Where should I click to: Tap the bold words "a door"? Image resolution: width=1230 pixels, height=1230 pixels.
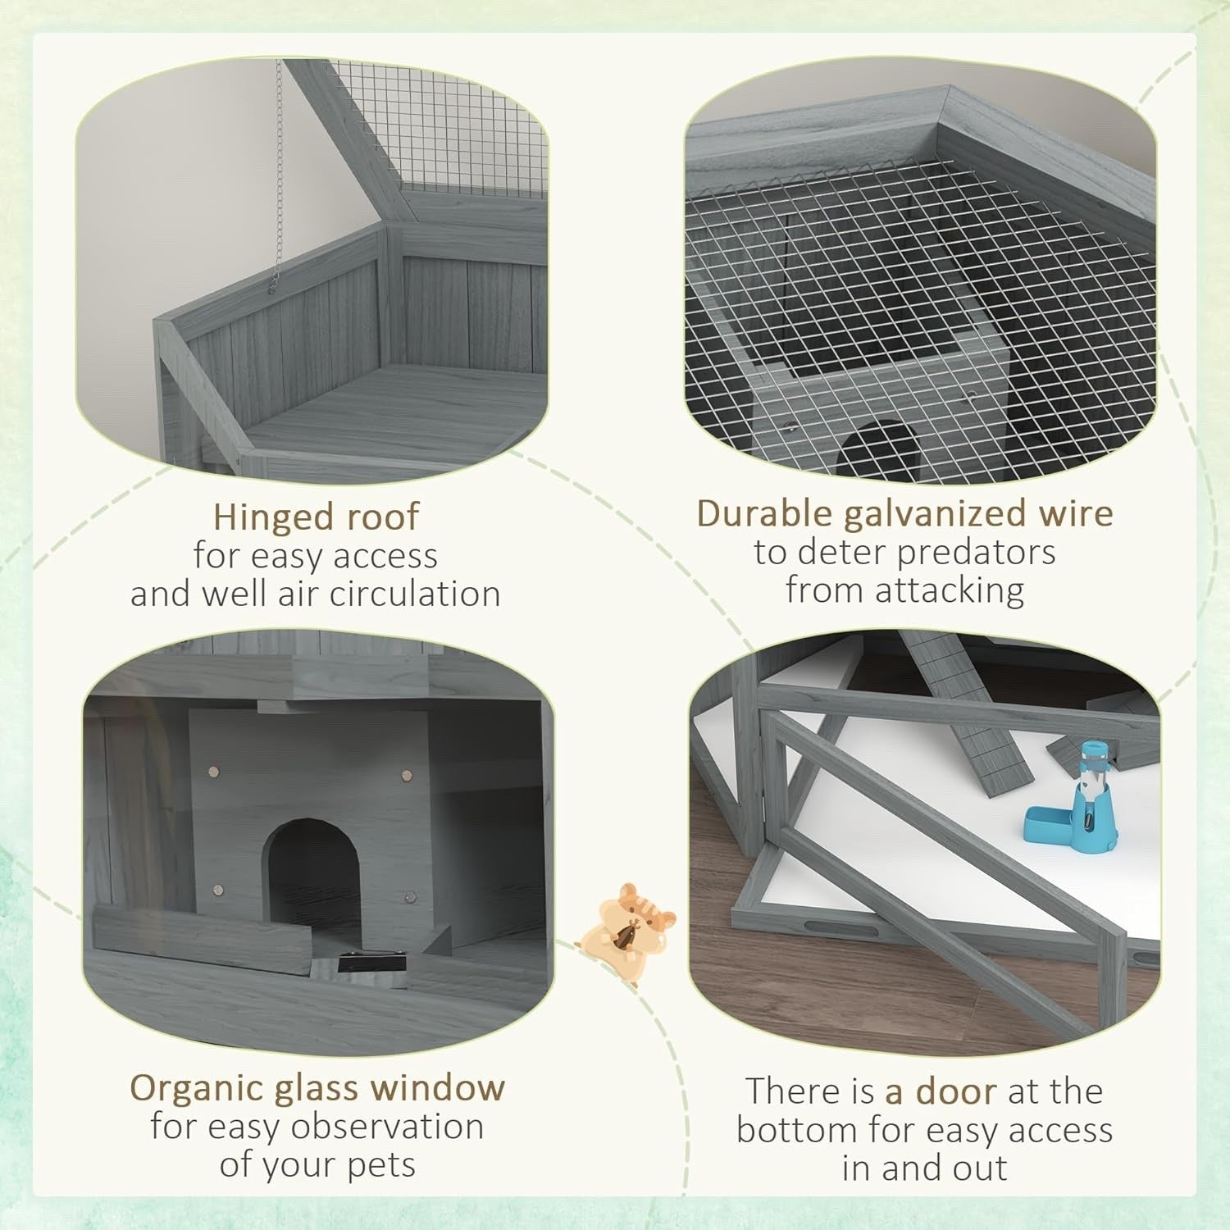click(x=941, y=1091)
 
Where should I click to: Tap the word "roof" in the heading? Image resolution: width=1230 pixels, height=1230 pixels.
click(x=382, y=519)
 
